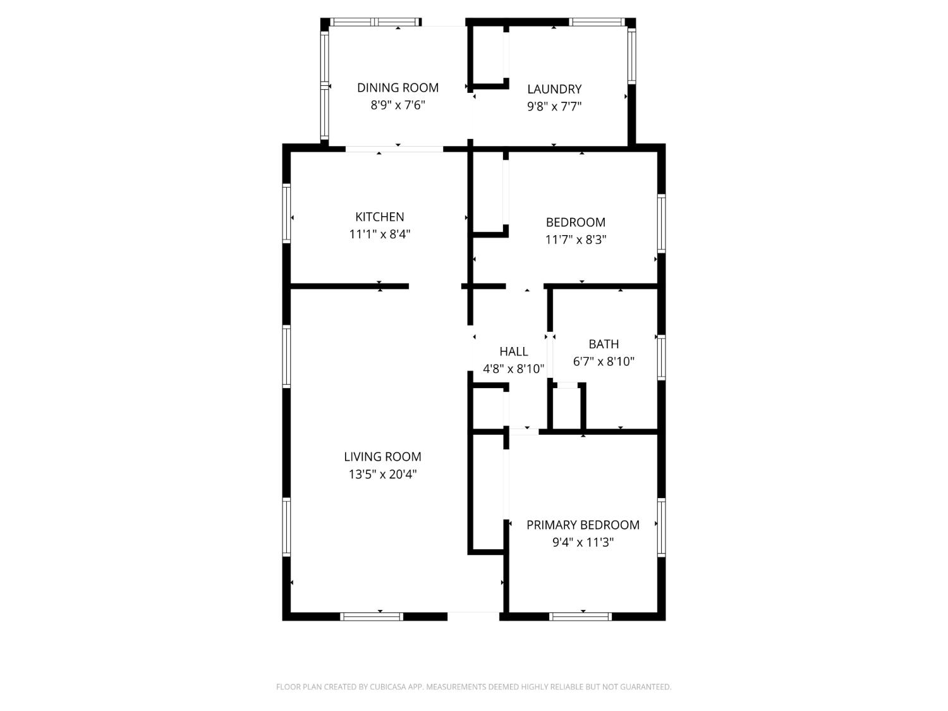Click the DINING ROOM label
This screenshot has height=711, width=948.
398,88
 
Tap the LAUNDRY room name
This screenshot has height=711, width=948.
554,89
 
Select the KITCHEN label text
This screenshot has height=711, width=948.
379,217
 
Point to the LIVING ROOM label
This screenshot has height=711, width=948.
382,457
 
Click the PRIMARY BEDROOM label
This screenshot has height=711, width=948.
583,525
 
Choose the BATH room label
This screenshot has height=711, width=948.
604,344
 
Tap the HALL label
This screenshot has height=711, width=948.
513,352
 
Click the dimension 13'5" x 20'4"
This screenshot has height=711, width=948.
382,475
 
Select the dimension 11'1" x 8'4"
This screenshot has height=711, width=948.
379,234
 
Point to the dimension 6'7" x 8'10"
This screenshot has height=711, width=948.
604,362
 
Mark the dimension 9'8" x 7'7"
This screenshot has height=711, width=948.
554,107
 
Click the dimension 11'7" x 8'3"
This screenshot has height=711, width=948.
576,240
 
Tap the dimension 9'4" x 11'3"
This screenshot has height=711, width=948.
583,543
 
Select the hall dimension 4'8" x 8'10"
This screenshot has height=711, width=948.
513,369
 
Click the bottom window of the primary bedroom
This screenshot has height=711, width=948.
581,616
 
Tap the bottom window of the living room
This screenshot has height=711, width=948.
371,616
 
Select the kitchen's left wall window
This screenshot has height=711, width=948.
286,213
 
